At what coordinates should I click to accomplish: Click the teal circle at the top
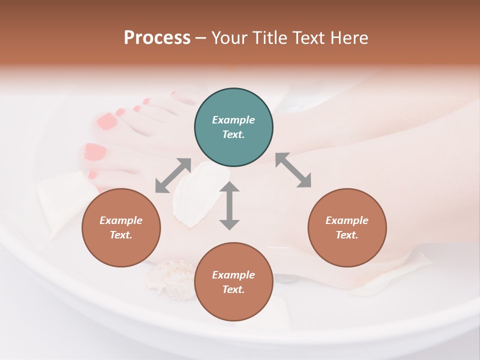click(233, 127)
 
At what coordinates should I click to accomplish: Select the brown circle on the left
click(121, 227)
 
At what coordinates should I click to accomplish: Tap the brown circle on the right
click(347, 227)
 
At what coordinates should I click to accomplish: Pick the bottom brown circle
click(233, 282)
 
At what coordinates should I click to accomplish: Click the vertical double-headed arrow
click(229, 205)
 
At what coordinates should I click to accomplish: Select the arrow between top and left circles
click(173, 175)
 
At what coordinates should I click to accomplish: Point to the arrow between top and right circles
click(293, 170)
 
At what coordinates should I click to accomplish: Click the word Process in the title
click(157, 38)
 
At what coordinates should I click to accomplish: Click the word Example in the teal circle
click(233, 120)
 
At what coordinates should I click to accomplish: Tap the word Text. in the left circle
click(121, 235)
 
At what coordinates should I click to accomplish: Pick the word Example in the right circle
click(347, 220)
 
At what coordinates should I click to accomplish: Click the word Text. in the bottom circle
click(233, 289)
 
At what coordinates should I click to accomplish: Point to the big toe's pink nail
click(95, 151)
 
